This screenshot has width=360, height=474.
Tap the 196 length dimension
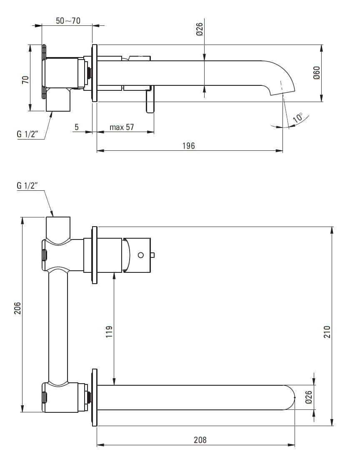(x=188, y=145)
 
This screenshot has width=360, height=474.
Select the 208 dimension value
(x=200, y=439)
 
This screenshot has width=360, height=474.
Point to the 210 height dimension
(x=327, y=332)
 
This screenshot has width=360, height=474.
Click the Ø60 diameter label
(x=316, y=73)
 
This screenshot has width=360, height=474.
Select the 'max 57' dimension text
(x=122, y=127)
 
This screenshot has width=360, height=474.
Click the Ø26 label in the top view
(x=199, y=29)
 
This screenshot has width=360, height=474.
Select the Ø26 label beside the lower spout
(x=309, y=398)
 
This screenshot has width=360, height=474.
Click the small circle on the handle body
(x=140, y=254)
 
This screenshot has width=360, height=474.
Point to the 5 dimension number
(x=77, y=127)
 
